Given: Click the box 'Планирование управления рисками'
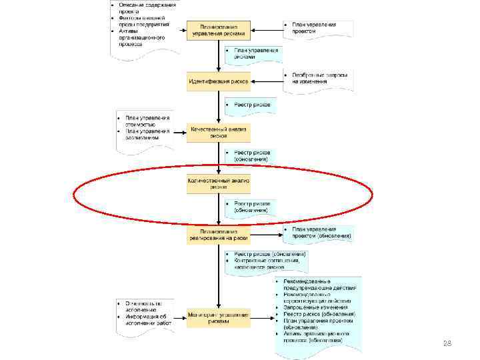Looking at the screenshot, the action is [219, 29].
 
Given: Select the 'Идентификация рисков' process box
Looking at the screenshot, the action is [219, 82].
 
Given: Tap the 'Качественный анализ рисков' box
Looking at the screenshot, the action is [219, 131].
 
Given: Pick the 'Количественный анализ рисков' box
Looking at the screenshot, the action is [219, 183].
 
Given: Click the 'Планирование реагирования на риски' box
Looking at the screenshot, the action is [219, 235].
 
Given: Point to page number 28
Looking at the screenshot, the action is [447, 343].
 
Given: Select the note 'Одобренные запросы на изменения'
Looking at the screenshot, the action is [317, 79].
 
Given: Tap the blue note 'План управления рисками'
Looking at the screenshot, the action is [253, 54].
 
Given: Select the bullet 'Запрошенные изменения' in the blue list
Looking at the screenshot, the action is [313, 307].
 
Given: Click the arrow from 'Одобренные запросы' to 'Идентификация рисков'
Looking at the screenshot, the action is [267, 82].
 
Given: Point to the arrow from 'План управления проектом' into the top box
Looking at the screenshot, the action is [267, 29].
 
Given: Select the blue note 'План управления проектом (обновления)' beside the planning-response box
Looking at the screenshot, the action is [317, 233].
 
